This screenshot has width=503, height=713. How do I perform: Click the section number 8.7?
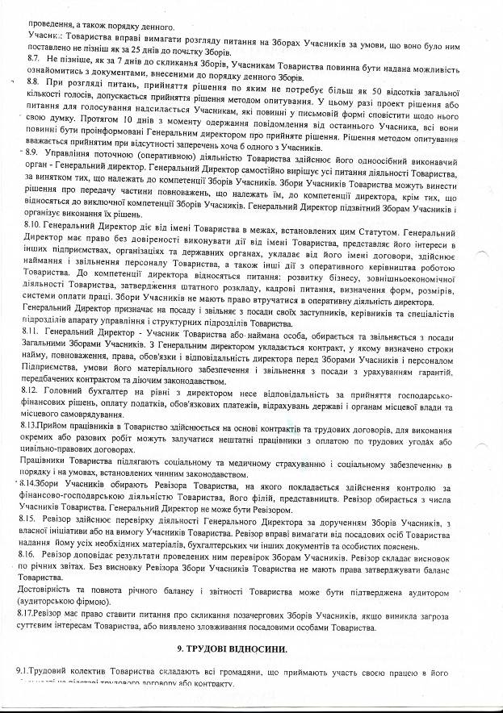pyautogui.click(x=33, y=60)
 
